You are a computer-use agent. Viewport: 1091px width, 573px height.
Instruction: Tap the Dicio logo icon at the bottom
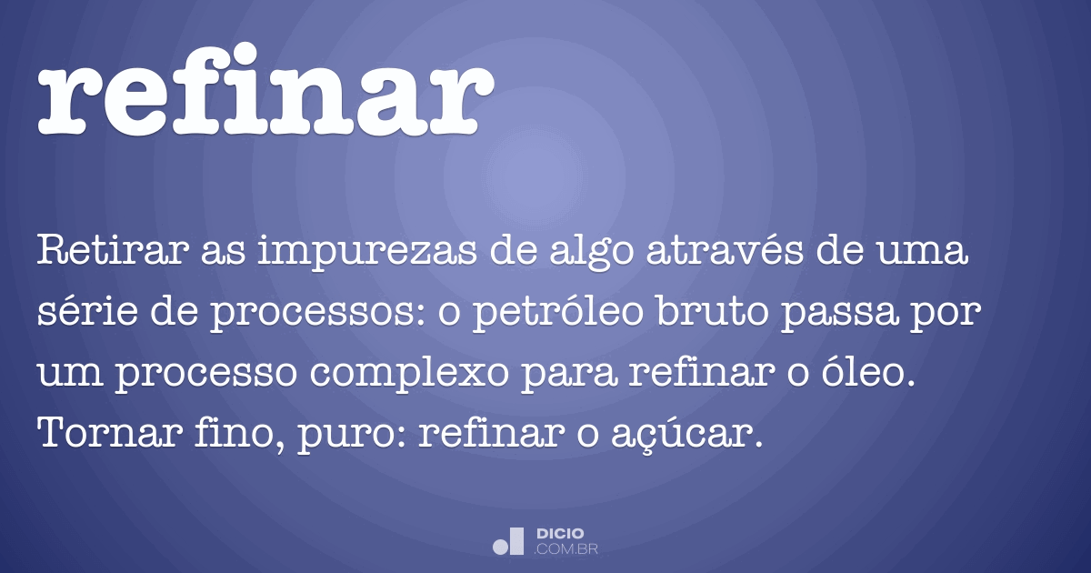[508, 540]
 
